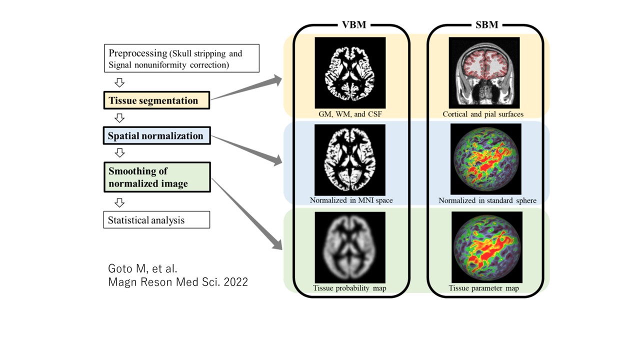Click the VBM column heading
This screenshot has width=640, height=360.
point(354,25)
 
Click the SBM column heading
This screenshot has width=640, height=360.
point(487,25)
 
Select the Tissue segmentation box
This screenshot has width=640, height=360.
point(156,100)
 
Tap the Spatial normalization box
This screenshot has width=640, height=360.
point(157,135)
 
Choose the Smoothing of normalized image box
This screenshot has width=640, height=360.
point(157,177)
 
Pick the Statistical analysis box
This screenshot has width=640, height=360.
point(156,219)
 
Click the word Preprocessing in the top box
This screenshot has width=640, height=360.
point(137,53)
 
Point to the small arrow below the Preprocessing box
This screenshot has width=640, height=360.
point(119,82)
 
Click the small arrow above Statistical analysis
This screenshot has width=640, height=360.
point(119,203)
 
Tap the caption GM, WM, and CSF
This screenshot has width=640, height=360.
point(350,114)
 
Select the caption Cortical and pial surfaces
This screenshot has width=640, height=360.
point(483,114)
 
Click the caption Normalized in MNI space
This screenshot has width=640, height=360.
point(351,200)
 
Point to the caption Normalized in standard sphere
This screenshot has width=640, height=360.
point(487,200)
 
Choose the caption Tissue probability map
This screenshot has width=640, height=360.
point(349,288)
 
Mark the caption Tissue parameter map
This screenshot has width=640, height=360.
point(483,288)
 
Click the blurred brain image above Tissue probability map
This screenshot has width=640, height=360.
point(350,247)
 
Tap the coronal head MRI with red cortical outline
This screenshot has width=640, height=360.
point(484,72)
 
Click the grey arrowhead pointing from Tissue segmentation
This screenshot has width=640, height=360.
point(275,80)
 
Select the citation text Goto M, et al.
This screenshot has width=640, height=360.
point(142,269)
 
